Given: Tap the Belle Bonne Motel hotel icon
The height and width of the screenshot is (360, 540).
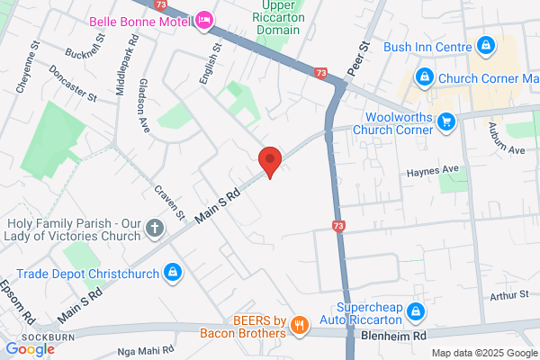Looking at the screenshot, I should tap(205, 18).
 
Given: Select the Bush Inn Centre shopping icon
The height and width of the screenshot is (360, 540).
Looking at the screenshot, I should tap(485, 45).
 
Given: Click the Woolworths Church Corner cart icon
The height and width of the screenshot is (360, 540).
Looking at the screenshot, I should tap(445, 121).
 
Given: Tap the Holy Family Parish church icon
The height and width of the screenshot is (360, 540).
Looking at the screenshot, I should tap(155, 229).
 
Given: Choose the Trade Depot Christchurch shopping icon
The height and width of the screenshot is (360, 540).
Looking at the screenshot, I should tap(173, 272).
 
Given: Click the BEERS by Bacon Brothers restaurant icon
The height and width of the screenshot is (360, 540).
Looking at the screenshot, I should tap(301, 327).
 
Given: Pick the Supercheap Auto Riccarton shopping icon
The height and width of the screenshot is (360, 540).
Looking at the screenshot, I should tap(415, 312).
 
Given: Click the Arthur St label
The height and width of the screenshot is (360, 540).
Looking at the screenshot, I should tap(510, 295).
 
